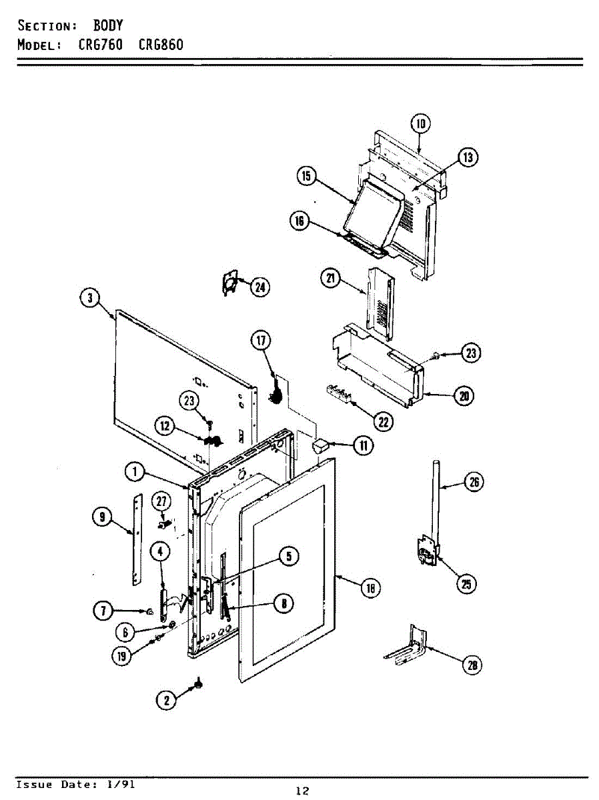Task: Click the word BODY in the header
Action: click(x=107, y=26)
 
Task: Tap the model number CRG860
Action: click(x=161, y=45)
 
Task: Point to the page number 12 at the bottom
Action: click(x=302, y=791)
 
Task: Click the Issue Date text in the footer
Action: click(x=75, y=785)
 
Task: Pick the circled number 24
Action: click(x=260, y=287)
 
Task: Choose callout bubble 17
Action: click(x=261, y=341)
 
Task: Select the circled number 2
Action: click(x=167, y=699)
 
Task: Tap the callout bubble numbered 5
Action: click(x=288, y=557)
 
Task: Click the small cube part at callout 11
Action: click(x=320, y=445)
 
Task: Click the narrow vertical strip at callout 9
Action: click(x=138, y=540)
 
